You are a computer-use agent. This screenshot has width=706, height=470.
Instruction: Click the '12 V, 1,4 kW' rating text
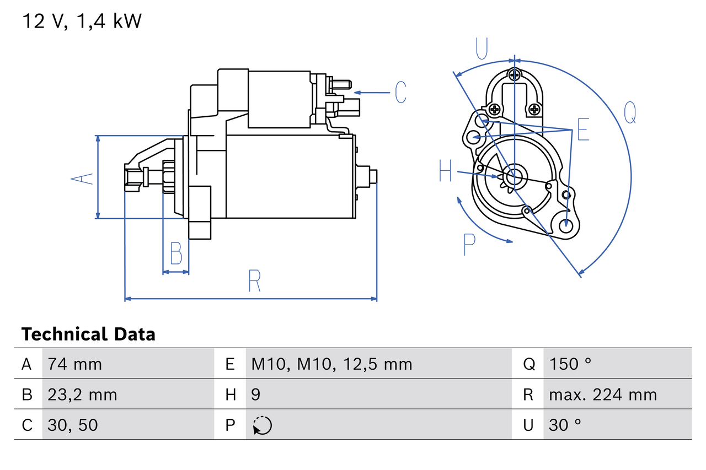(82, 21)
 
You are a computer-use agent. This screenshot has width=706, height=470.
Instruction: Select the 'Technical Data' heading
(88, 334)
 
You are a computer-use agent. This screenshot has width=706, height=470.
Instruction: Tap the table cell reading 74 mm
(74, 364)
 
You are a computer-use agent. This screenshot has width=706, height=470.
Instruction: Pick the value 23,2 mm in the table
(82, 395)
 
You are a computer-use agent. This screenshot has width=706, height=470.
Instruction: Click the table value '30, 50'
(73, 425)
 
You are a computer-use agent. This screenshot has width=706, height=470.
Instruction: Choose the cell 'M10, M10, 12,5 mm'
(331, 364)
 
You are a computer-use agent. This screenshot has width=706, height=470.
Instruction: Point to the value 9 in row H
(256, 395)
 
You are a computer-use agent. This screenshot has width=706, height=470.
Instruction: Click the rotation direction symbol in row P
(262, 425)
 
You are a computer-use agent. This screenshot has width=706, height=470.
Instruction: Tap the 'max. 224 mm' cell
(603, 395)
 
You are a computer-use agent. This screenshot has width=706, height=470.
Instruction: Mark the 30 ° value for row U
(565, 425)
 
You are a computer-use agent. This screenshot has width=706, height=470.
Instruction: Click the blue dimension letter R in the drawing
(254, 282)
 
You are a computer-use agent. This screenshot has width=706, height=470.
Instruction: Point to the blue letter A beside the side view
(82, 179)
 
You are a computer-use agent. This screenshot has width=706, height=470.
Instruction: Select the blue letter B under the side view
(176, 254)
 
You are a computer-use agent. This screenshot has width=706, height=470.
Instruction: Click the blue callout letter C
(401, 92)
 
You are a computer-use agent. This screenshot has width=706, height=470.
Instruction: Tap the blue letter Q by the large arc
(630, 113)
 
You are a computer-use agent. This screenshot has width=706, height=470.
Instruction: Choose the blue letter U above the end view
(482, 48)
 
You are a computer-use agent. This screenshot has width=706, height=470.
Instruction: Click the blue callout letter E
(583, 129)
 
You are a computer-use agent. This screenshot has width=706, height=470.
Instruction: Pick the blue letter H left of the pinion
(445, 171)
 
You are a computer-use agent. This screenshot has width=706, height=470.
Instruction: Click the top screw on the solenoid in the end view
(514, 75)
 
